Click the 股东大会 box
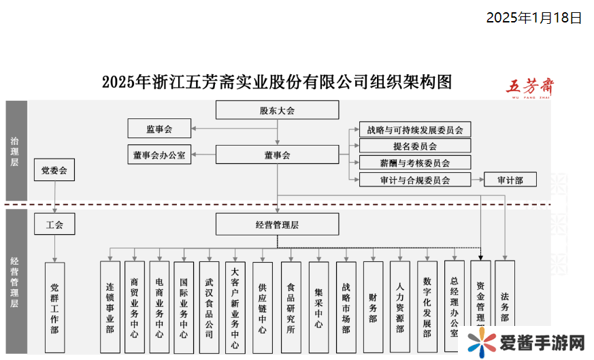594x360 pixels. pos(277,110)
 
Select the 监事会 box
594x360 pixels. pos(159,128)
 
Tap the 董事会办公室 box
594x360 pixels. pos(159,154)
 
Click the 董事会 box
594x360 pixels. pos(277,154)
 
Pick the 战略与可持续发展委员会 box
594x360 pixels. pos(414,129)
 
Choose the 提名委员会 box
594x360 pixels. pos(414,146)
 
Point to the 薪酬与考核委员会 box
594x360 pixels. pos(414,163)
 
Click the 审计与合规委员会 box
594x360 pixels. pos(414,180)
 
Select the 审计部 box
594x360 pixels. pos(510,180)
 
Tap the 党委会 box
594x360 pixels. pos(54,169)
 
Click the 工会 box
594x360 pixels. pos(54,224)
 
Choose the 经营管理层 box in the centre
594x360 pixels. pos(277,224)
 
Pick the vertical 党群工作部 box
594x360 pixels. pos(54,308)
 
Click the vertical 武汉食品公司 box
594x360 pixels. pos(208,307)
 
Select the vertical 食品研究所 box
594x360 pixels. pos(291,307)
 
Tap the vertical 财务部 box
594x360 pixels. pos(372,307)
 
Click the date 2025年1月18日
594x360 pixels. pos(533,18)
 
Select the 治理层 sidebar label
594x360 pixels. pos(15,151)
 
